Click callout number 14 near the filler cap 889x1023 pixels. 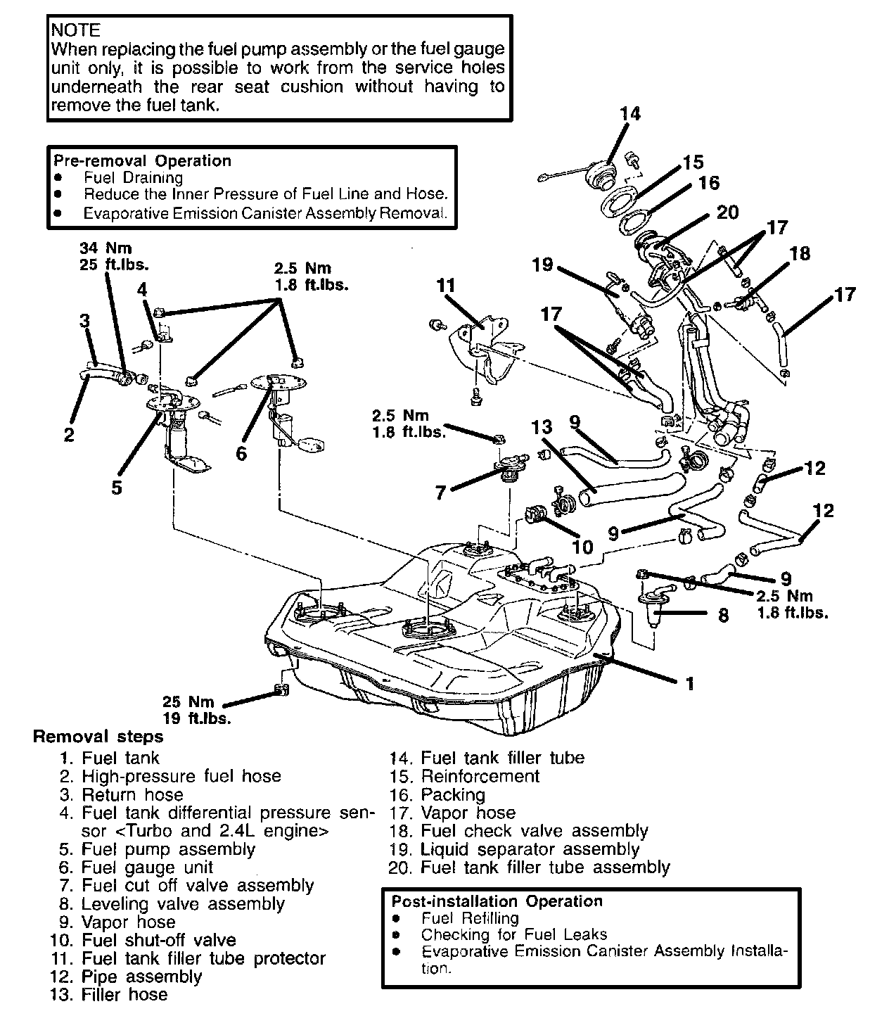tap(630, 113)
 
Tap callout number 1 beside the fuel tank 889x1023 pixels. tap(690, 683)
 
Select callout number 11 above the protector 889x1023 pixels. tap(446, 286)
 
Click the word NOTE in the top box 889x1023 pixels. tap(76, 30)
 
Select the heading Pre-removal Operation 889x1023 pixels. tap(142, 160)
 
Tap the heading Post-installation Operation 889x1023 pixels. tap(497, 901)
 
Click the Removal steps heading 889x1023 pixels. tap(98, 737)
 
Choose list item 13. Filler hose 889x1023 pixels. tap(110, 995)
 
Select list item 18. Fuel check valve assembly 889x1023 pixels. tap(519, 831)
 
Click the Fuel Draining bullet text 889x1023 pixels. tap(133, 178)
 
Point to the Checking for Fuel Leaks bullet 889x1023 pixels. tap(513, 935)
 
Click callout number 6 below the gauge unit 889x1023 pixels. tap(241, 455)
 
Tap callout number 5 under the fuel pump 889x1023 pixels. tap(116, 487)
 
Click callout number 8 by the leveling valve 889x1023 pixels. tap(723, 616)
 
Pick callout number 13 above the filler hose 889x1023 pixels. tap(542, 427)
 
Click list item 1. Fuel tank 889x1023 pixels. tap(110, 758)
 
